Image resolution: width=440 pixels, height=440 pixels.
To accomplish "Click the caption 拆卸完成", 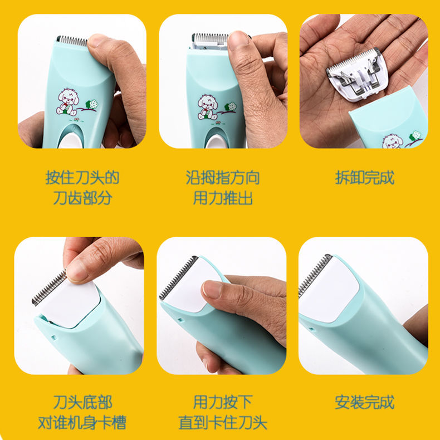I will point(364,178).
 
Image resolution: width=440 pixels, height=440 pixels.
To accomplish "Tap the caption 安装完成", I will point(364,402).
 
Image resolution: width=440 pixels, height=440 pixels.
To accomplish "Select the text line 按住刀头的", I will point(82,178).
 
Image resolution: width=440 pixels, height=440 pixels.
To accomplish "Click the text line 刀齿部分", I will point(82,198).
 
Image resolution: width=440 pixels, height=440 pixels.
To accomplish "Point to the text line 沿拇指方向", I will point(223,178).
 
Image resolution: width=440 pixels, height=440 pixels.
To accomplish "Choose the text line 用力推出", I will point(223,198).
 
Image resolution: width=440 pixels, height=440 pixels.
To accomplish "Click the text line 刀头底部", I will point(82,402).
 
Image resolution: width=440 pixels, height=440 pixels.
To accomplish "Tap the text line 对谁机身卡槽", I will point(82,422).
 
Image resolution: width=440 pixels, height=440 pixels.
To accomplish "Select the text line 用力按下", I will point(223,402).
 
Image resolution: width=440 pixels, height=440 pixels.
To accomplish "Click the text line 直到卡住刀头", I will point(223,422).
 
